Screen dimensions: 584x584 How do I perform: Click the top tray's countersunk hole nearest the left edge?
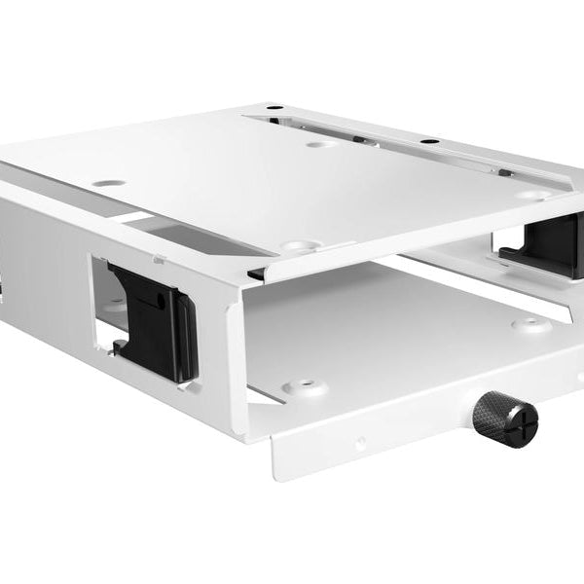pos(109,183)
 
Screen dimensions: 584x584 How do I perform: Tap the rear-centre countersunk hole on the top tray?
pos(320,144)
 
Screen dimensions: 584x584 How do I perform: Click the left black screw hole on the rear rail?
pos(274,107)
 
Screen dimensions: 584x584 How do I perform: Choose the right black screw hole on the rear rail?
pos(424,142)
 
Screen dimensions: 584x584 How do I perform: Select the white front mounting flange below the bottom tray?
pos(389,443)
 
